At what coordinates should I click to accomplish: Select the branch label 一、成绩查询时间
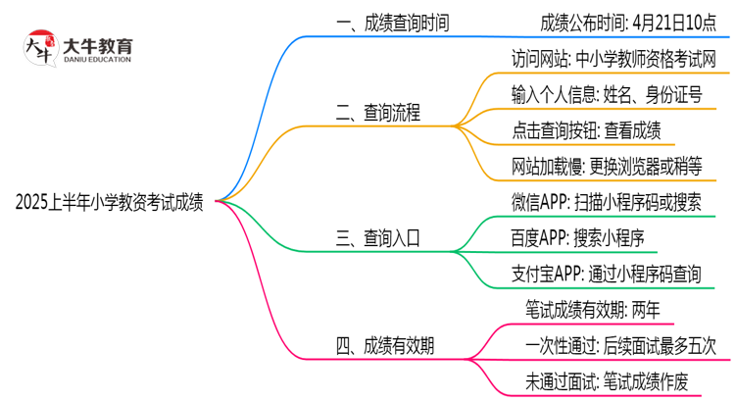click(393, 23)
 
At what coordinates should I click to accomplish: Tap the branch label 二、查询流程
click(378, 114)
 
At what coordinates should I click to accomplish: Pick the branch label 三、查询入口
click(378, 238)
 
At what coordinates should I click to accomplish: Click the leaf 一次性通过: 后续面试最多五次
click(621, 346)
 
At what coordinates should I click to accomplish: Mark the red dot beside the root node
click(219, 201)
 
